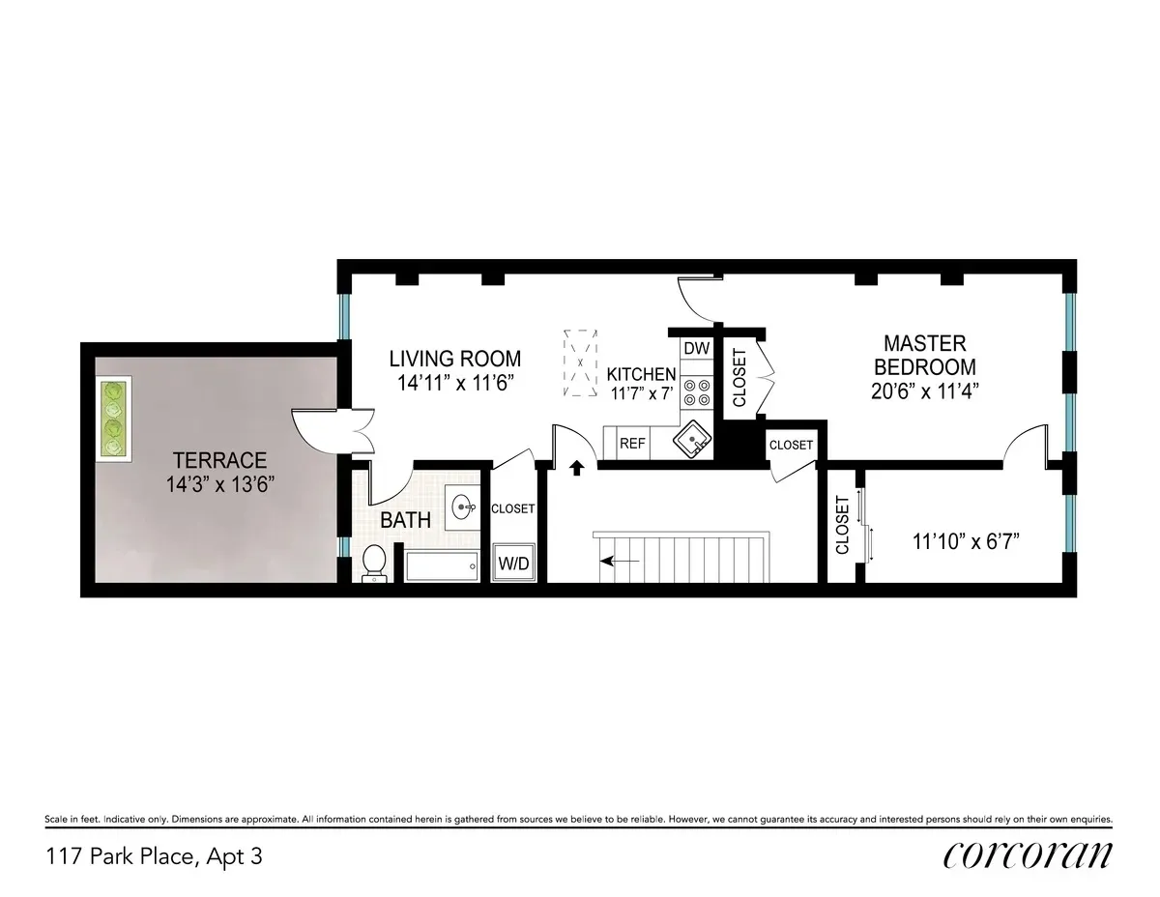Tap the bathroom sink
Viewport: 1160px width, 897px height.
pyautogui.click(x=464, y=506)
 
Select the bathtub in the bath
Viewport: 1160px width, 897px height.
pyautogui.click(x=442, y=565)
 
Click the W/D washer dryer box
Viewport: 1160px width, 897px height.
pyautogui.click(x=513, y=563)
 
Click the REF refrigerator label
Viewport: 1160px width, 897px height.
pyautogui.click(x=632, y=444)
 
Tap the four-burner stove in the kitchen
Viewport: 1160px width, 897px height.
pyautogui.click(x=696, y=391)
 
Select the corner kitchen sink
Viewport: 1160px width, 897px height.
pyautogui.click(x=692, y=442)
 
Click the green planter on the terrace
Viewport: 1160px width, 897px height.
pyautogui.click(x=114, y=420)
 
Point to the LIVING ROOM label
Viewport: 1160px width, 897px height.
pyautogui.click(x=456, y=370)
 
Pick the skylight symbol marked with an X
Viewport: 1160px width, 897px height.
pyautogui.click(x=580, y=365)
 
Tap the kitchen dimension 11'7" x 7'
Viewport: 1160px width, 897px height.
pyautogui.click(x=642, y=393)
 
